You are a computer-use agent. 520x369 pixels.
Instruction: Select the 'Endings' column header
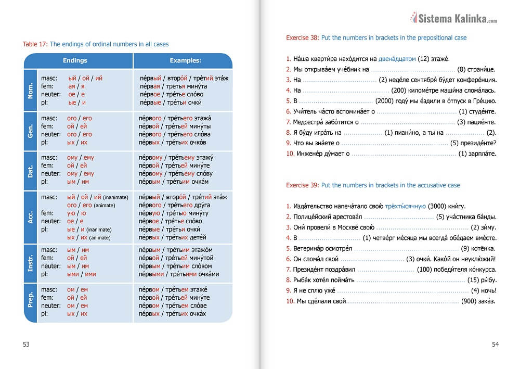pyautogui.click(x=75, y=60)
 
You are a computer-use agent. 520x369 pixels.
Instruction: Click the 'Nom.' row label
pyautogui.click(x=31, y=90)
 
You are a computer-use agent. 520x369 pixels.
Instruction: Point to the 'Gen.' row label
pyautogui.click(x=31, y=130)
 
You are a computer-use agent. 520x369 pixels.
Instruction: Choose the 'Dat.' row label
pyautogui.click(x=31, y=170)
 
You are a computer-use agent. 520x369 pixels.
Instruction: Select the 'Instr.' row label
pyautogui.click(x=31, y=262)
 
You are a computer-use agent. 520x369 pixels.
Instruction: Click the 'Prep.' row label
pyautogui.click(x=31, y=302)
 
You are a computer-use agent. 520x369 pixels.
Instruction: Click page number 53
pyautogui.click(x=27, y=344)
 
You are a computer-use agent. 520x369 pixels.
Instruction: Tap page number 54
pyautogui.click(x=495, y=344)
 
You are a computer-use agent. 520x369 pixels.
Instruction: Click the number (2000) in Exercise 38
pyautogui.click(x=385, y=101)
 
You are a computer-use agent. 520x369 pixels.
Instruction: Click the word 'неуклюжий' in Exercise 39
pyautogui.click(x=478, y=259)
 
